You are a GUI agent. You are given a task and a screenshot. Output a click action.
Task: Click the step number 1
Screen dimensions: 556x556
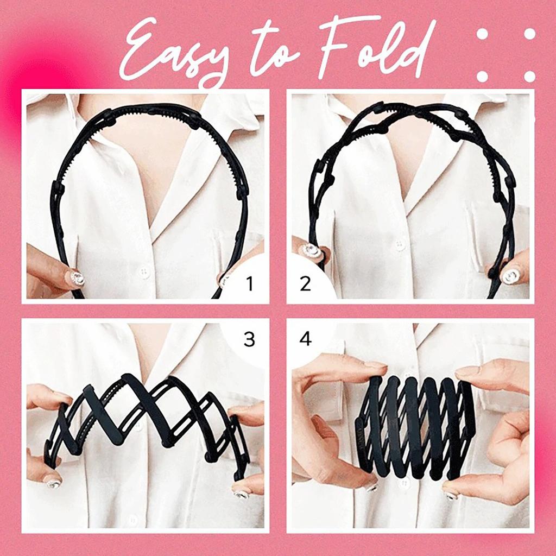tap(249, 283)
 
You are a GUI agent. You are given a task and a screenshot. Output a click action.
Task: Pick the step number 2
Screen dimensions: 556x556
tap(305, 283)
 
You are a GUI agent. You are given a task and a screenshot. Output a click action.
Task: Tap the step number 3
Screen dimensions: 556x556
tap(249, 340)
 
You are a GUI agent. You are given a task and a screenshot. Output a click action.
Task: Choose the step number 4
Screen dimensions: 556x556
tap(305, 340)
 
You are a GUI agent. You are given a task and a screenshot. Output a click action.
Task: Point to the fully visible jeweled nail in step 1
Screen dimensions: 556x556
tap(77, 279)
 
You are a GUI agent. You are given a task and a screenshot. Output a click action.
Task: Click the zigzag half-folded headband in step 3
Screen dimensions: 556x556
tap(147, 418)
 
